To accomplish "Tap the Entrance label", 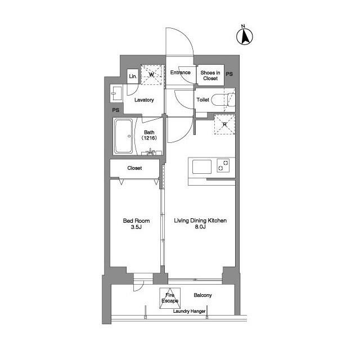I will click(x=181, y=73).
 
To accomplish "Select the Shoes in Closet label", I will click(x=209, y=75).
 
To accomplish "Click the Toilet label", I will click(x=202, y=100).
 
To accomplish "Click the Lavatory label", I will click(x=144, y=100).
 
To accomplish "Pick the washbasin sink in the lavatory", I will click(x=118, y=93).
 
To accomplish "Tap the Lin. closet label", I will click(x=133, y=76).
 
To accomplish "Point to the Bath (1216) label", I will click(x=149, y=135).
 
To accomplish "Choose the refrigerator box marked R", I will click(x=224, y=125).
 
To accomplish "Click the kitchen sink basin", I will click(x=202, y=166).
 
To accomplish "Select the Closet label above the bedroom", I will click(x=134, y=168).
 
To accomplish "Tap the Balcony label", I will click(x=202, y=295).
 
